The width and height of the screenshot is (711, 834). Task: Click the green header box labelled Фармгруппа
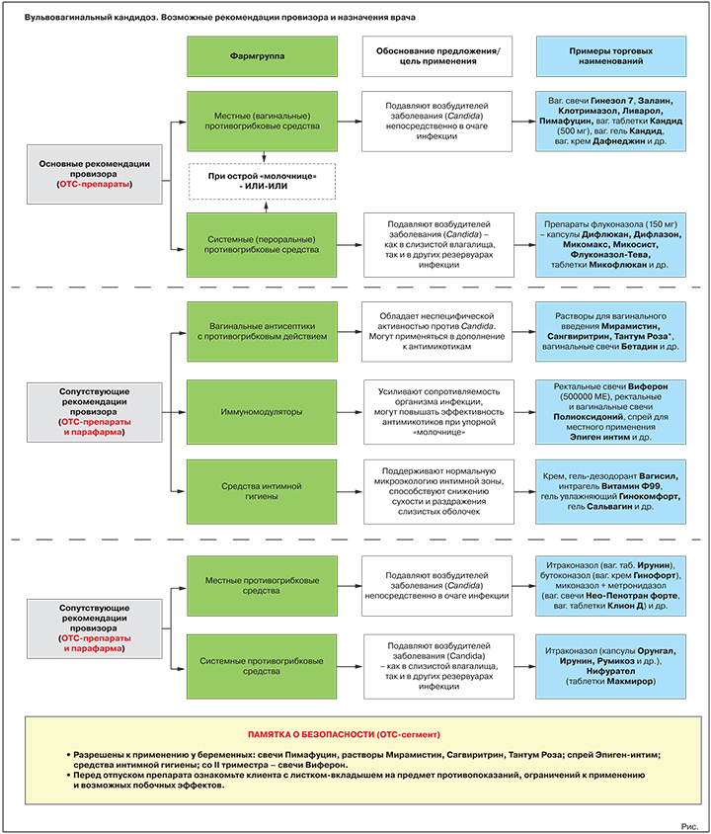pos(262,56)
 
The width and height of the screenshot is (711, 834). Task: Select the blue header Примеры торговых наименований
pos(611,56)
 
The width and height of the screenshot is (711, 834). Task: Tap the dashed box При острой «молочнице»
pos(263,182)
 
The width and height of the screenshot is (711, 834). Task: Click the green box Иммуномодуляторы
pos(262,412)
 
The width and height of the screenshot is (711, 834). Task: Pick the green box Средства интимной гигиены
pos(262,491)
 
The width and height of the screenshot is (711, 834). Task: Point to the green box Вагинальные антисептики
pos(262,331)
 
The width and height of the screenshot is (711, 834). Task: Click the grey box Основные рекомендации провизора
pos(95,174)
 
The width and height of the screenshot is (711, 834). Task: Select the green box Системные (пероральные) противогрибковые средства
pos(262,245)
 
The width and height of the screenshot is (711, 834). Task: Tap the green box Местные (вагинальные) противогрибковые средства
pos(262,122)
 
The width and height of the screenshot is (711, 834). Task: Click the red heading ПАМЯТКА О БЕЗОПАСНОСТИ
pos(344,734)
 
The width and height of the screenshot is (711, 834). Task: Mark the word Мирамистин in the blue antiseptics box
pos(631,326)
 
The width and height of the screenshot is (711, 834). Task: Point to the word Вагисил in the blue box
pos(659,476)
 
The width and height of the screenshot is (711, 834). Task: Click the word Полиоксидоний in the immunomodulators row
pos(589,416)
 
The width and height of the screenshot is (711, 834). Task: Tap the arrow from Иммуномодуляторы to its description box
pos(350,412)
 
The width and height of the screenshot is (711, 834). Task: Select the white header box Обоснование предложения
pos(437,56)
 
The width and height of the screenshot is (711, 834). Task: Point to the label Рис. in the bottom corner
pos(689,826)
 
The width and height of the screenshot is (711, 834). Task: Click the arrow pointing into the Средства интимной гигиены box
pos(179,492)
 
